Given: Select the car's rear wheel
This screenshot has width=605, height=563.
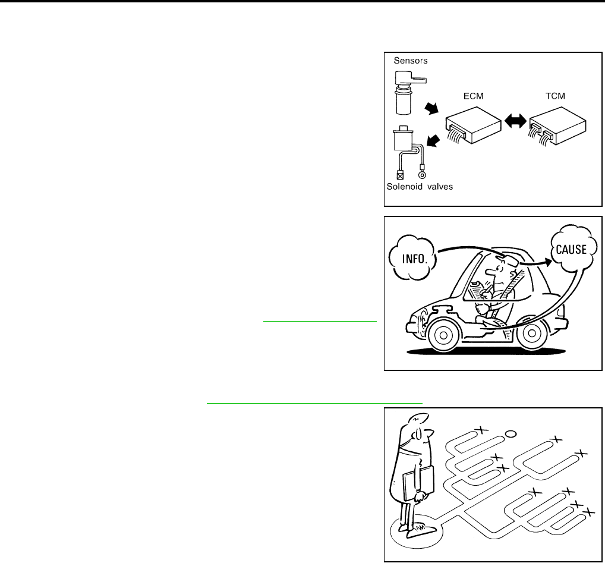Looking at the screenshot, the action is click(x=533, y=337).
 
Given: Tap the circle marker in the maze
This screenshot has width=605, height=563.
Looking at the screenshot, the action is click(x=510, y=435).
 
